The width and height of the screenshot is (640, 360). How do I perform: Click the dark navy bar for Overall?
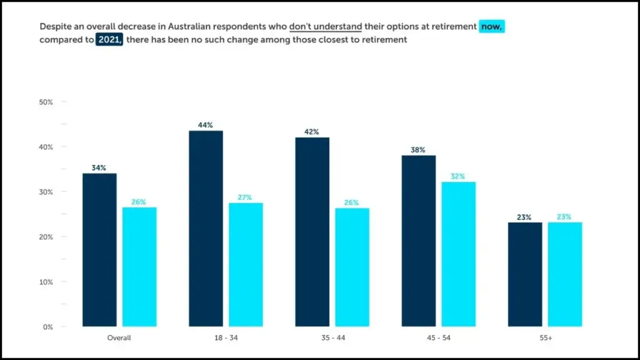(99, 249)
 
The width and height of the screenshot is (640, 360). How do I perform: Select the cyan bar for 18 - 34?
(246, 264)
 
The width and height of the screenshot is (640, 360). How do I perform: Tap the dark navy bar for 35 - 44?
(312, 231)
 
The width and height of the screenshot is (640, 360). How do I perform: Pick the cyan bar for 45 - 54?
(458, 254)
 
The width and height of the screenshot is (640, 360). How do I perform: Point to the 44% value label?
(206, 125)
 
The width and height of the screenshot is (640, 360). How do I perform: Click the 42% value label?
(312, 132)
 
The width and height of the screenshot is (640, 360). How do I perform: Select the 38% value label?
(418, 150)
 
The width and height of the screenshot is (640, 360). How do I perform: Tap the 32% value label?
(458, 176)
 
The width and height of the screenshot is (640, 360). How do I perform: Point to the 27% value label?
(246, 197)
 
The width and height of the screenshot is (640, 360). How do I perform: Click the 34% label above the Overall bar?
(99, 168)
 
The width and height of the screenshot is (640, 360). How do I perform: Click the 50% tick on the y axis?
(47, 102)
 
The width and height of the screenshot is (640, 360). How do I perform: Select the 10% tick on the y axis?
(47, 282)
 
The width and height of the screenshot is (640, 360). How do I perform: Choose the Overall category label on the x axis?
(119, 337)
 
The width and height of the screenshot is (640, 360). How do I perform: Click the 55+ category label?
(544, 337)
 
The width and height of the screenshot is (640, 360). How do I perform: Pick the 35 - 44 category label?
(332, 337)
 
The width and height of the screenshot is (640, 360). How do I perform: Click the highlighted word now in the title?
(491, 27)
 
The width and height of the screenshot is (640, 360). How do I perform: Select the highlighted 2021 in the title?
(109, 39)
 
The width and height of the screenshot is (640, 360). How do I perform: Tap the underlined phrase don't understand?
(326, 27)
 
